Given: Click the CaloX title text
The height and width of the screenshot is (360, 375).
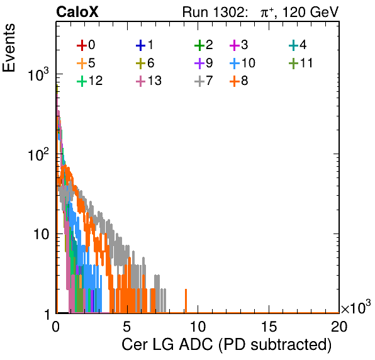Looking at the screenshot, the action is coord(77,12).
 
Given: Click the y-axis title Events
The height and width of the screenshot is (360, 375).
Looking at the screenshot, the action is coord(9,48).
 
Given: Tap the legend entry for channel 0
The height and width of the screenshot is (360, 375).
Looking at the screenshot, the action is coord(86,45).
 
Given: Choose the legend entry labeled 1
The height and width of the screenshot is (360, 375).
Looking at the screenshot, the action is coord(145,45).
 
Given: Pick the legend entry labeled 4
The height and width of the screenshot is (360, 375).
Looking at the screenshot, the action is coord(298,45).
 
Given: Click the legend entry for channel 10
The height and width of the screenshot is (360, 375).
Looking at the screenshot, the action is coord(242,63).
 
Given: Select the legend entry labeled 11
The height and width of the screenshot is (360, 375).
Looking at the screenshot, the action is coord(301,63).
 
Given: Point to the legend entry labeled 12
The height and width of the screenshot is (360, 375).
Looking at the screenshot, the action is coord(90,81).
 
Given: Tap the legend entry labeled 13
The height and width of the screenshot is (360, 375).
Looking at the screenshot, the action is coord(148,81).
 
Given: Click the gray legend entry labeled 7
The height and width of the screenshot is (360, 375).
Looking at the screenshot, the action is coord(203,81).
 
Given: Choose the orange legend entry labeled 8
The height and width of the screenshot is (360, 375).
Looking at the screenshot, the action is coord(238,81).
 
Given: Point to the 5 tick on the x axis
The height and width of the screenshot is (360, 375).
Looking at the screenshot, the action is coord(126,326).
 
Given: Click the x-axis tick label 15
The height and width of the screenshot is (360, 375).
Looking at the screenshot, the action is coord(269,326).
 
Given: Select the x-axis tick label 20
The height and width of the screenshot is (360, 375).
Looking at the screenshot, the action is coord(339,326).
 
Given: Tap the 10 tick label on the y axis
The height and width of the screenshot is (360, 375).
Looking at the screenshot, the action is coord(41,234).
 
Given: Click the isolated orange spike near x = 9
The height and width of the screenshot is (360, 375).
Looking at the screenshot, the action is coord(186,301).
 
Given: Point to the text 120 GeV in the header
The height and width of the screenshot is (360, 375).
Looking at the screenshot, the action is coord(310,12).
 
